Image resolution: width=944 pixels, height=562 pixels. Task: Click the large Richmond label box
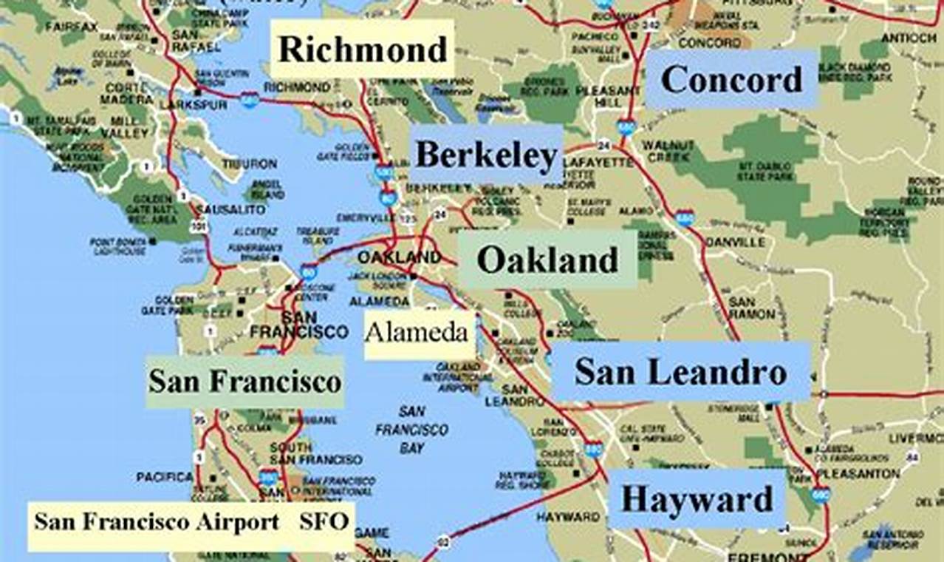[x=362, y=50]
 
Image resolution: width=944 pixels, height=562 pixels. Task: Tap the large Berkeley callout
[x=485, y=155]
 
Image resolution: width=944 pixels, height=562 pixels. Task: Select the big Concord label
[x=731, y=79]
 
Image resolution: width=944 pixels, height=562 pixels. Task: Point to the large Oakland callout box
[x=547, y=260]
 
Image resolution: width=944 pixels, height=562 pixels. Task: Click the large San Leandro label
[x=680, y=372]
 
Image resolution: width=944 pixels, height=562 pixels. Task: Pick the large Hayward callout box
[x=697, y=499]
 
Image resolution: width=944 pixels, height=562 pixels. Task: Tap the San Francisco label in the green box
[x=245, y=382]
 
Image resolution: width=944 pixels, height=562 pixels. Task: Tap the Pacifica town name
[x=164, y=478]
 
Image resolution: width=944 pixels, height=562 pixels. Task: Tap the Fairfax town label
[x=72, y=27]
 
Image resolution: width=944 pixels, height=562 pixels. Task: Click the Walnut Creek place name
[x=668, y=151]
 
